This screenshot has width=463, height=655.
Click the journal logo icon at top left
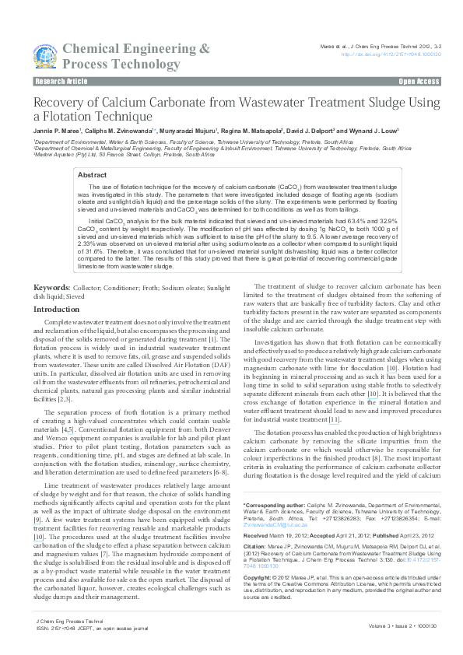46,55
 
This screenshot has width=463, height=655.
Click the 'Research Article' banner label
61,81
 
